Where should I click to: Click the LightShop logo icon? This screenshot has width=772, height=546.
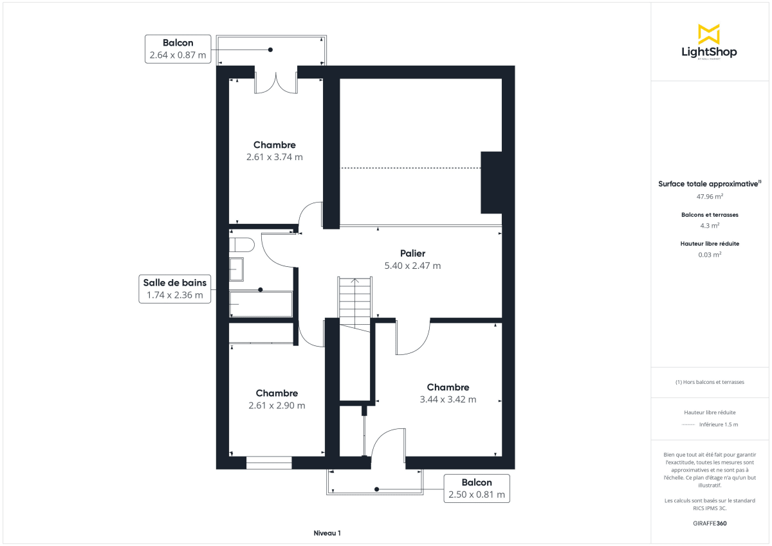pyautogui.click(x=709, y=33)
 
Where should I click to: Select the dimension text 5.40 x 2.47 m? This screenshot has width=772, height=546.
pyautogui.click(x=412, y=266)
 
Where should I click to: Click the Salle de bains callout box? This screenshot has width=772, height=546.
pyautogui.click(x=175, y=289)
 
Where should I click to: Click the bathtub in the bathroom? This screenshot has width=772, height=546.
pyautogui.click(x=261, y=304)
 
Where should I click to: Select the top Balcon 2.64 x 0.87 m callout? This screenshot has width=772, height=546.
pyautogui.click(x=178, y=49)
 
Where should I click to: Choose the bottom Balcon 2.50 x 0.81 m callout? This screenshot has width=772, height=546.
pyautogui.click(x=476, y=489)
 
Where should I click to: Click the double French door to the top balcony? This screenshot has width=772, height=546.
pyautogui.click(x=277, y=81)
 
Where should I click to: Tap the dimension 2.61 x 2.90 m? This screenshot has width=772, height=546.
pyautogui.click(x=277, y=406)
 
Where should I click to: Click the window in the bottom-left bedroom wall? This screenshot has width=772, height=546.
pyautogui.click(x=269, y=462)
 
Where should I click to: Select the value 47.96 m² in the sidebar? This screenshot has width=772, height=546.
pyautogui.click(x=709, y=196)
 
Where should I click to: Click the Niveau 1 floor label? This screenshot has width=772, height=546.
pyautogui.click(x=327, y=533)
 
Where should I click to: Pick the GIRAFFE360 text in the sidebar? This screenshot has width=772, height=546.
pyautogui.click(x=709, y=523)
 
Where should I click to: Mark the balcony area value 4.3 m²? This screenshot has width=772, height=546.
pyautogui.click(x=709, y=226)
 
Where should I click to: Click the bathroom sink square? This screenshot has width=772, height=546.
pyautogui.click(x=237, y=269)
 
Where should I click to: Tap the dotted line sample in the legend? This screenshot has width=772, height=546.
pyautogui.click(x=688, y=424)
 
